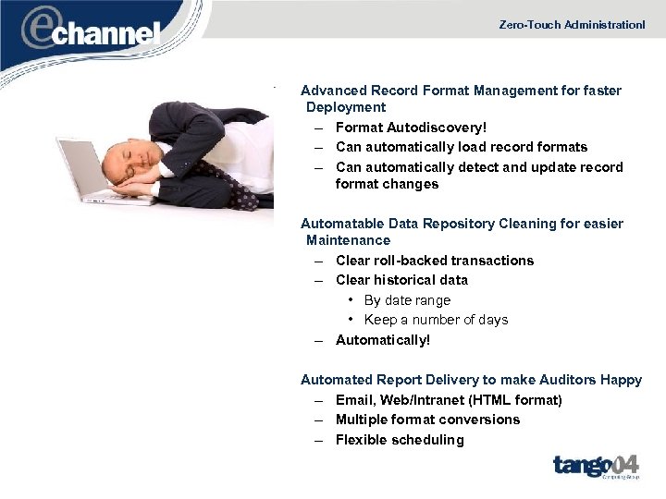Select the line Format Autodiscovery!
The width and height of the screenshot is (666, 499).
point(411,128)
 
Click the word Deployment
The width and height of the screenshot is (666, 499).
point(346,107)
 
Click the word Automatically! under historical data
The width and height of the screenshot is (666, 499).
point(383,340)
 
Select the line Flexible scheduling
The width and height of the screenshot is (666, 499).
point(400,440)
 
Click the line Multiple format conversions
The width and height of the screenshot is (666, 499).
point(427,420)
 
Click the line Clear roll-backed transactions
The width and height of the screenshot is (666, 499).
point(435,261)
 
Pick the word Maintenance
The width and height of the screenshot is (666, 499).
point(348,240)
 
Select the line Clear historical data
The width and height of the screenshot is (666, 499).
point(401,280)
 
